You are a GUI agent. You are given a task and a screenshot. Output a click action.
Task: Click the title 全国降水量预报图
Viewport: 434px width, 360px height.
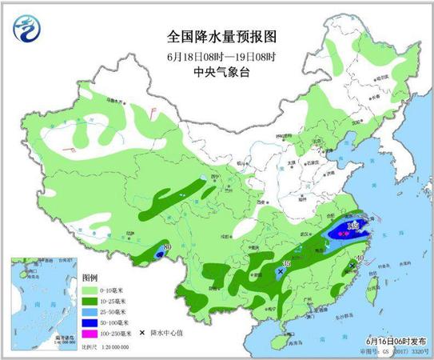tap(217, 36)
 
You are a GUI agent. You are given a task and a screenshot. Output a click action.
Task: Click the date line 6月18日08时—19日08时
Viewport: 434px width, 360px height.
tap(217, 54)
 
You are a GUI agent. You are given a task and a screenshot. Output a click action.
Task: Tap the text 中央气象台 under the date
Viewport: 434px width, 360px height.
tap(217, 70)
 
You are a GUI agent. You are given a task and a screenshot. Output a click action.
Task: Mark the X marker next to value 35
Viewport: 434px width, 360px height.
tap(280, 273)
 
